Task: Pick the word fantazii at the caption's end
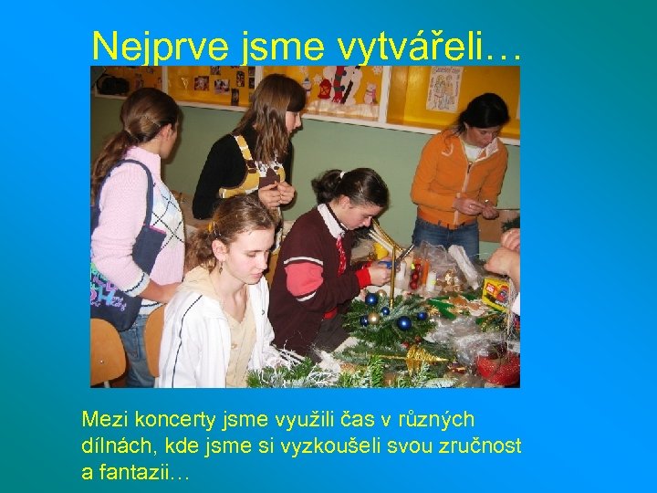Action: click(x=145, y=473)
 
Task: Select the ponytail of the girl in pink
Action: click(x=114, y=151)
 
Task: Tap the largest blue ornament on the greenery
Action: click(x=403, y=322)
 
